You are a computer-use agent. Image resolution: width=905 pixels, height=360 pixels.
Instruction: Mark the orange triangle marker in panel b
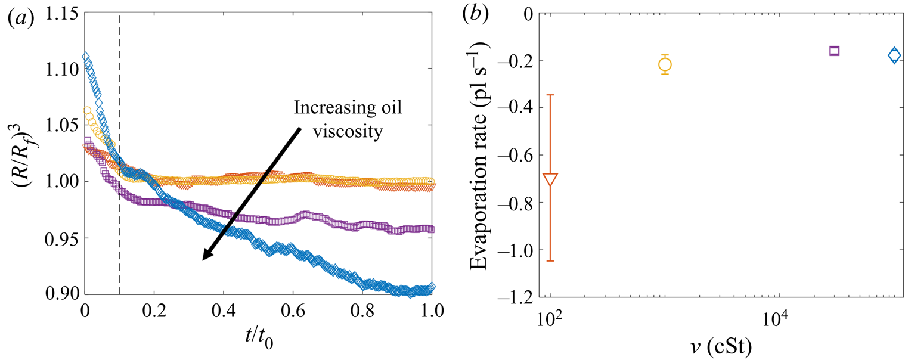click(550, 179)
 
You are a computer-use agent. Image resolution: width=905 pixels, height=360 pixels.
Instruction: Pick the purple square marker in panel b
click(834, 51)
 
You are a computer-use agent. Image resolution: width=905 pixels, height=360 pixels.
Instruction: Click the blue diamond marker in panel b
click(894, 55)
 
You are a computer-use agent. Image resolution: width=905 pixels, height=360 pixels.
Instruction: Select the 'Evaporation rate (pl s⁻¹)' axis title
click(485, 153)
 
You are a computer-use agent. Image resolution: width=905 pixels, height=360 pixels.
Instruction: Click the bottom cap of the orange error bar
click(550, 260)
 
